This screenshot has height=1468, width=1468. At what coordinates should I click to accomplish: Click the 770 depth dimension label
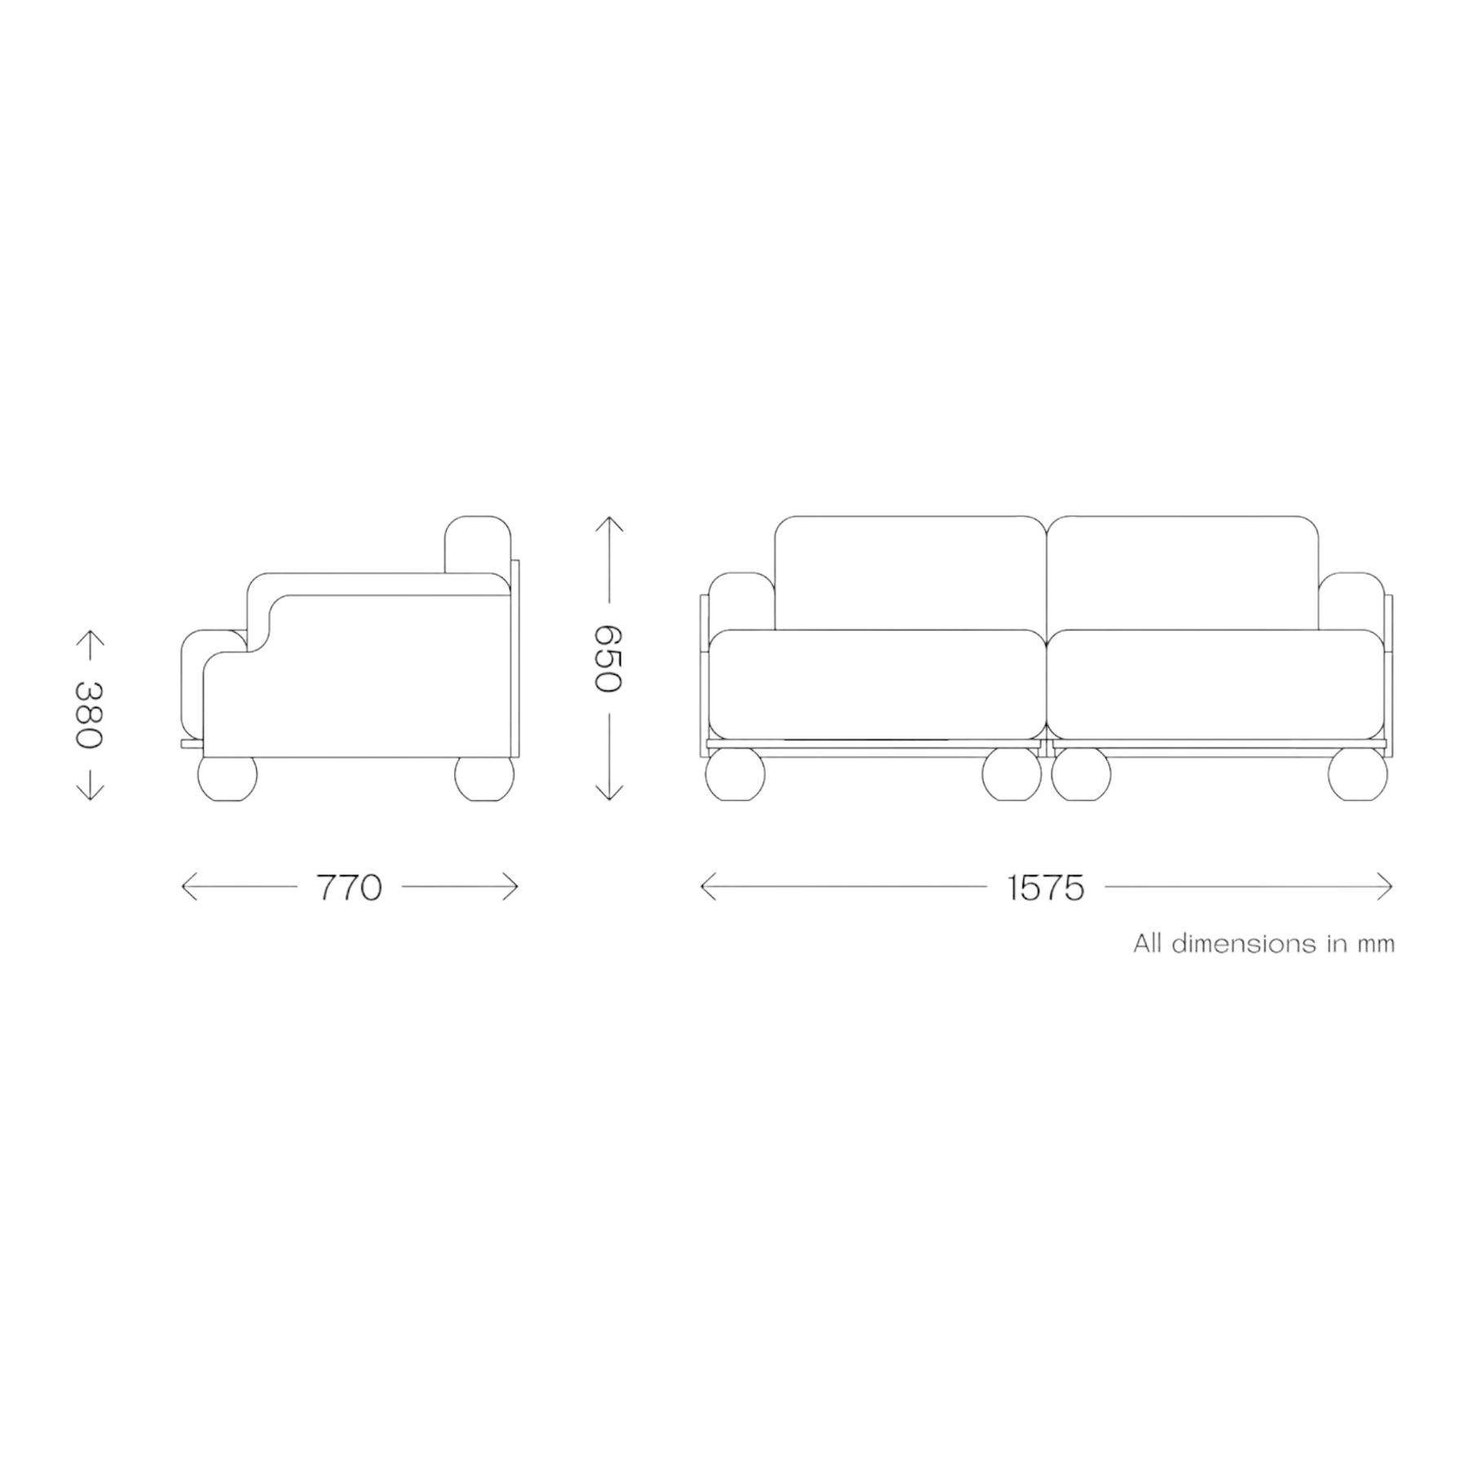[x=349, y=887]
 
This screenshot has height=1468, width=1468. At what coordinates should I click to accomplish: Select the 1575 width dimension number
[x=1046, y=887]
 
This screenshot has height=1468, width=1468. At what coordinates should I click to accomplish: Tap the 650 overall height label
[x=608, y=658]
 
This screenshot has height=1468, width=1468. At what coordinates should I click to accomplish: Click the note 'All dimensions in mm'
[x=1263, y=944]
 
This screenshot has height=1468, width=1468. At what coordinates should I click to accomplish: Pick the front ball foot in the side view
[x=228, y=776]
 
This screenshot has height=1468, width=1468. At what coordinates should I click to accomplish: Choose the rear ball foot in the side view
[x=484, y=776]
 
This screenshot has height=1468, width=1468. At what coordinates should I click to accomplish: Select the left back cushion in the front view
[x=910, y=573]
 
